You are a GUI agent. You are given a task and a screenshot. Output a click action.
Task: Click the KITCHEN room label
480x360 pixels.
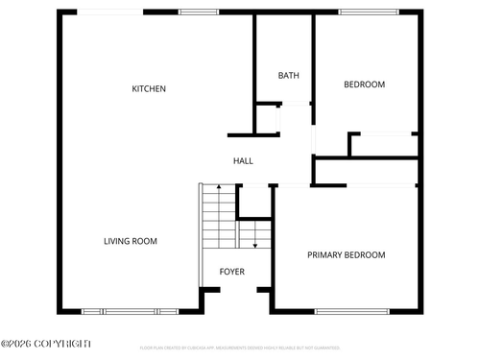tap(149, 89)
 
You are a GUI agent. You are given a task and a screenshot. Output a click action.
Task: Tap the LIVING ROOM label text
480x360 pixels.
tap(131, 241)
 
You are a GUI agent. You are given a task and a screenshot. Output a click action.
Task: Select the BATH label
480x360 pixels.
tap(288, 76)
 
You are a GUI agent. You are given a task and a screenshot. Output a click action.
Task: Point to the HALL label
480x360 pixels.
tap(244, 160)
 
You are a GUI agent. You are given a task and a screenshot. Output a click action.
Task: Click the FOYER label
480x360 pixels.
tap(231, 272)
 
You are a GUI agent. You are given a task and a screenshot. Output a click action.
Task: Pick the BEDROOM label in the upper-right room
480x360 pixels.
tap(364, 84)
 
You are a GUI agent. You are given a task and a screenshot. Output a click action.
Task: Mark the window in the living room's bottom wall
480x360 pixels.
tap(130, 311)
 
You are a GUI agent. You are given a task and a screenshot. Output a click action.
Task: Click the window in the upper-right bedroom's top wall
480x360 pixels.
tap(369, 12)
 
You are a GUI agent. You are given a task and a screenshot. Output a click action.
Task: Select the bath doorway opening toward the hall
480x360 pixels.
tap(278, 119)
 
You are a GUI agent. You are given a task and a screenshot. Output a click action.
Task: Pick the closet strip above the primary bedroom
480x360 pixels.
tap(368, 172)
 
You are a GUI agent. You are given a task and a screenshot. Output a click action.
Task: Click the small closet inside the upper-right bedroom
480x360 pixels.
tap(383, 145)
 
